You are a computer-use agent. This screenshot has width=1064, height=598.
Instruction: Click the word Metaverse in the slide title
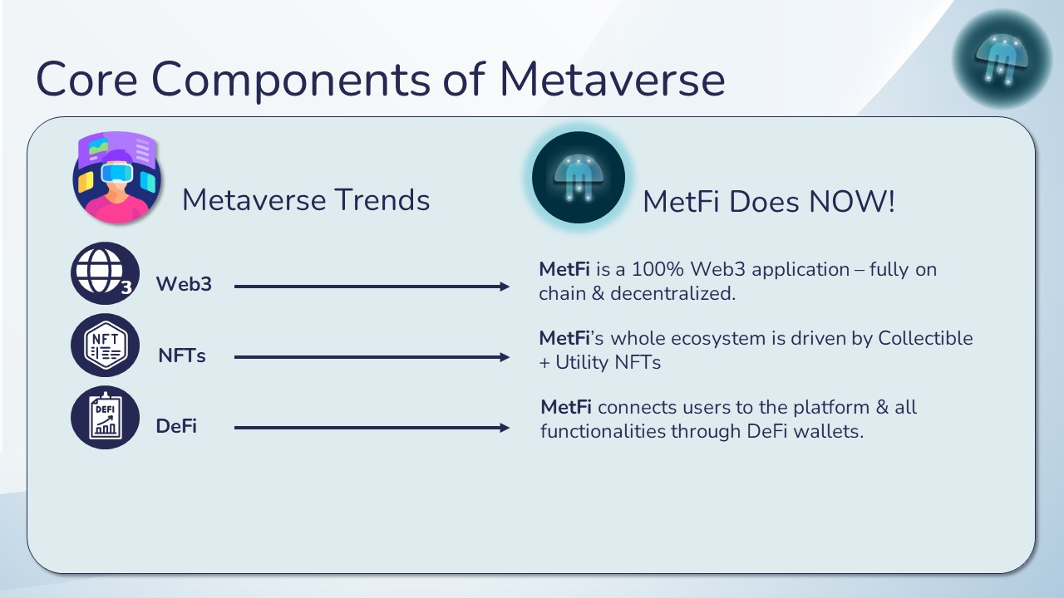[x=613, y=79]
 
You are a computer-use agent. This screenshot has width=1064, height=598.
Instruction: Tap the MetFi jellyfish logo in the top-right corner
[x=1002, y=59]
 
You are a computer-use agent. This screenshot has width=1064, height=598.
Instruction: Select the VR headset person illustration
[x=116, y=177]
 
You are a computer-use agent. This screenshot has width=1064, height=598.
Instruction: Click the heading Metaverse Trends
[x=306, y=200]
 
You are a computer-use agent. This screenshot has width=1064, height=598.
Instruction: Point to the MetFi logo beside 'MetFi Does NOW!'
[x=578, y=178]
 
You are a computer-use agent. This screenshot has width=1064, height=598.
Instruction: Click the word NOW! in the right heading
[x=852, y=201]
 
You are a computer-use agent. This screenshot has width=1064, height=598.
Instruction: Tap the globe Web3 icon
[x=105, y=273]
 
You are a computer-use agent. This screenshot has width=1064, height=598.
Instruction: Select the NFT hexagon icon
[x=105, y=345]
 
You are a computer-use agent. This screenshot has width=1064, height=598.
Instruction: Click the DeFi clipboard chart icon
[x=105, y=417]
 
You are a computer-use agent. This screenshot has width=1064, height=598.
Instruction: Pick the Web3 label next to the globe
[x=184, y=284]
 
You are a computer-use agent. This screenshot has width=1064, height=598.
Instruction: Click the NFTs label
[x=182, y=355]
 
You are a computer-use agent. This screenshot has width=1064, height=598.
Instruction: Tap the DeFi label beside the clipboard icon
[x=176, y=426]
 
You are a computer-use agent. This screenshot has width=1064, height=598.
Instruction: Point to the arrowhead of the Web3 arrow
[x=505, y=287]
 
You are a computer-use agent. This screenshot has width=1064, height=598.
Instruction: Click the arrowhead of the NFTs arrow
[x=505, y=357]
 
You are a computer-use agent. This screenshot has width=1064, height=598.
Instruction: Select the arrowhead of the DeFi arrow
[x=505, y=428]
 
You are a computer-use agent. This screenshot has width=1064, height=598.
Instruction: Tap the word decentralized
[x=673, y=294]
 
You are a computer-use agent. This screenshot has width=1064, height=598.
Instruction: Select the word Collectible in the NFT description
[x=925, y=338]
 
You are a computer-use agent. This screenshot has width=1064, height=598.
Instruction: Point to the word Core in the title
[x=87, y=79]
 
